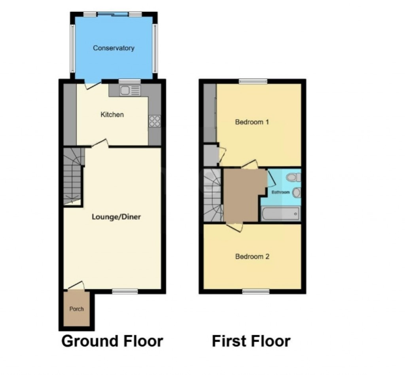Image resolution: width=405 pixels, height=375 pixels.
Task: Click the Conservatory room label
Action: pos(114,48)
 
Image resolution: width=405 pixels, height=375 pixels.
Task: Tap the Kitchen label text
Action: pos(112,115)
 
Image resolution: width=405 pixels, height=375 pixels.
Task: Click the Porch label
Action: pos(76,309)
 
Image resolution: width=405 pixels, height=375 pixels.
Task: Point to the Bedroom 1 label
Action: pos(252,122)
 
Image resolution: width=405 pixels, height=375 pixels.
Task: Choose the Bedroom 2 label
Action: pos(252,256)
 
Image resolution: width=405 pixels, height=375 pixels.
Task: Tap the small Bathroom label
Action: pos(280,192)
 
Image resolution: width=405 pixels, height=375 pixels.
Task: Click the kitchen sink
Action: pos(130,90)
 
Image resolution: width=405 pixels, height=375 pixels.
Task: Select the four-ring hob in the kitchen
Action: pos(155,121)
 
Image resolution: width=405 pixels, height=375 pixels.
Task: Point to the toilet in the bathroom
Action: pos(295,177)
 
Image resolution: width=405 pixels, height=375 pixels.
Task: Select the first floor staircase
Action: pos(212,196)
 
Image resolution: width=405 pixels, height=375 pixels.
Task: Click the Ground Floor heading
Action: pos(112,341)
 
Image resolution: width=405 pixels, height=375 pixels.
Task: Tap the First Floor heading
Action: pos(251,341)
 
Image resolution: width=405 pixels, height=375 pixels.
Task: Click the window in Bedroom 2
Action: pos(256,292)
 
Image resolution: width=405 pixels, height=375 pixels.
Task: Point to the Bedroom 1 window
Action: pos(253,81)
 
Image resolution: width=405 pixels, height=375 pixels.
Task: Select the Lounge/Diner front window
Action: pos(125,292)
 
